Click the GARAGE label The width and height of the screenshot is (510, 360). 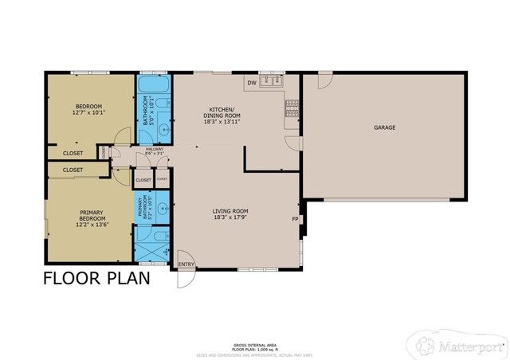pos(384,127)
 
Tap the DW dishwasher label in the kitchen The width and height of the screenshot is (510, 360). pos(251,83)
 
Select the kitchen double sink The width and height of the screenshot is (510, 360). pos(275,81)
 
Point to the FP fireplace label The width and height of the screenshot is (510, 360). pos(295,219)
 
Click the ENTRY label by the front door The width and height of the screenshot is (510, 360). pos(186,264)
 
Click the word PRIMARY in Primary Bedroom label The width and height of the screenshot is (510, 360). pos(91,212)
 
